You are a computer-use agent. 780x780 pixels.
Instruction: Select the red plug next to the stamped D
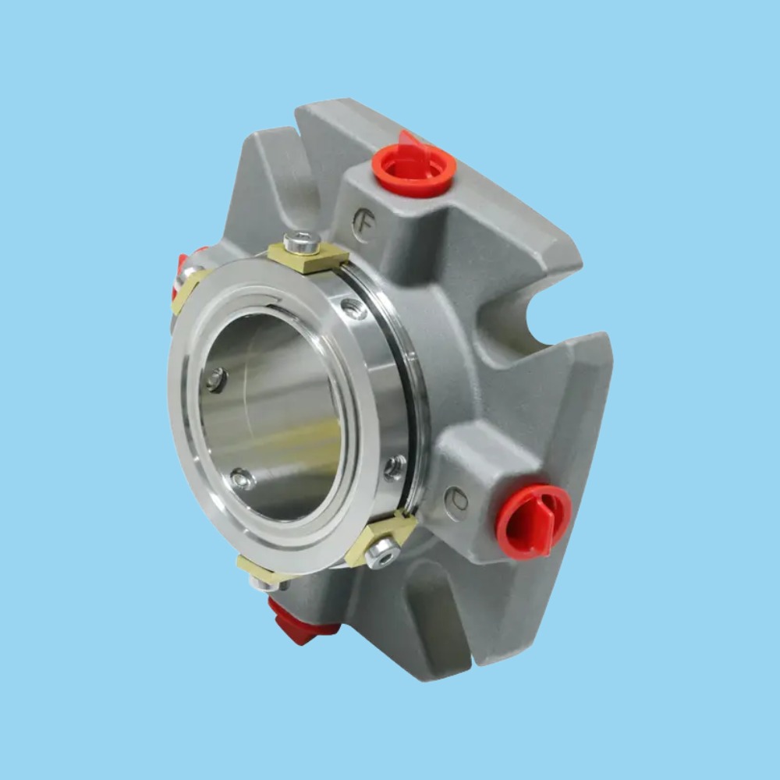pos(533,520)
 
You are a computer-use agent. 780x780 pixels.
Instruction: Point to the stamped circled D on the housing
pos(456,498)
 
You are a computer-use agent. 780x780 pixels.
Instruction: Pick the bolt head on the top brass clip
pos(302,242)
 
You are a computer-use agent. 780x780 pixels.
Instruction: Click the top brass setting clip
pos(308,257)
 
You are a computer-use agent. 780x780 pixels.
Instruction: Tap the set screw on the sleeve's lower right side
pos(395,467)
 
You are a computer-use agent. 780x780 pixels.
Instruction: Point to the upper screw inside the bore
pos(216,380)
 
